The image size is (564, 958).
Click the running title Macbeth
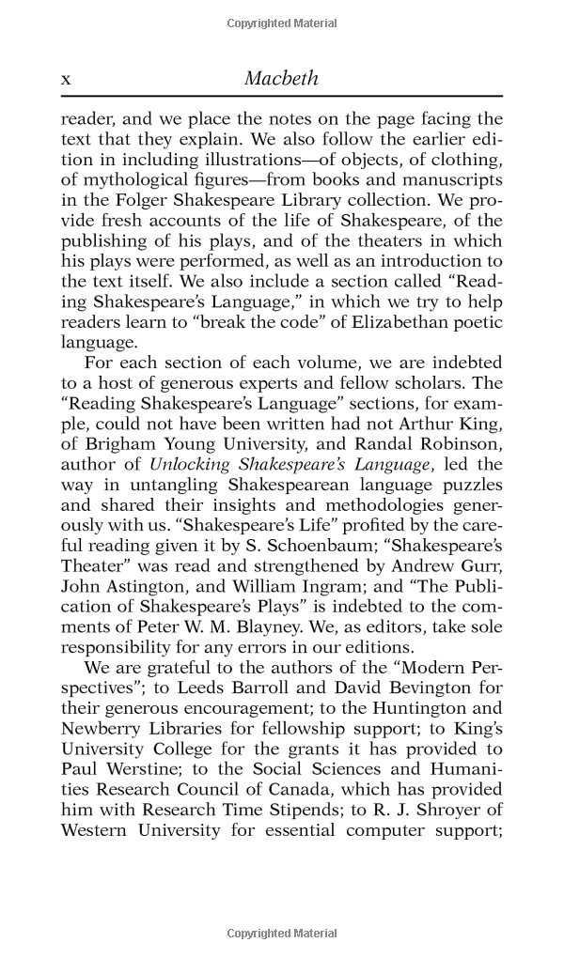pyautogui.click(x=281, y=78)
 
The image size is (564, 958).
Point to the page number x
pyautogui.click(x=66, y=80)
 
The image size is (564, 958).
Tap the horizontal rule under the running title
pyautogui.click(x=281, y=97)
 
